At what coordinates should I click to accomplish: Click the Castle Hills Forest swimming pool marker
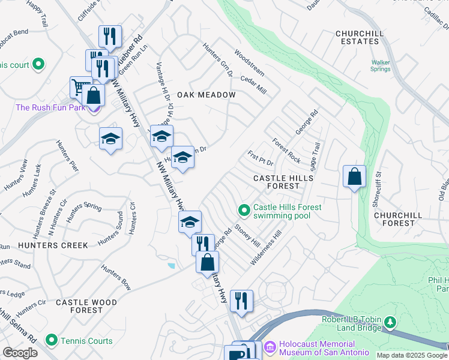244,210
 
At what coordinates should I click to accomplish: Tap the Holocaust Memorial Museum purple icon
270,347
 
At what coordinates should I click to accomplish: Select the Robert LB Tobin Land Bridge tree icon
391,323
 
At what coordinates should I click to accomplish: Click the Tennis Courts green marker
51,341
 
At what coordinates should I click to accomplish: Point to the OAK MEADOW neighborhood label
206,95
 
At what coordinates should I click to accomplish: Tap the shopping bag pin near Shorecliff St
355,176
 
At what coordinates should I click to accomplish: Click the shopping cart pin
79,87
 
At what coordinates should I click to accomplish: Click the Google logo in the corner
20,353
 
